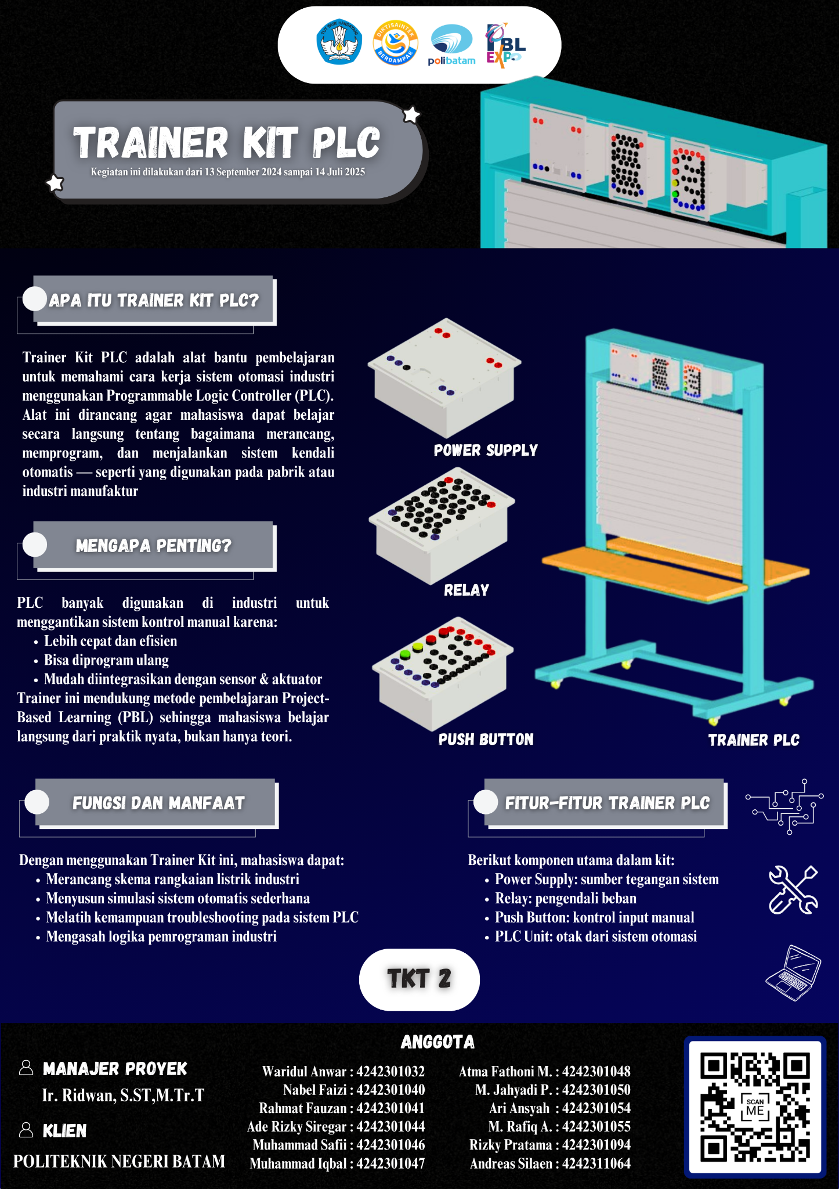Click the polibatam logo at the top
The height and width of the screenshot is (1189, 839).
coord(451,45)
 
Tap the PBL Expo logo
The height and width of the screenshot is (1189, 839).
coord(505,45)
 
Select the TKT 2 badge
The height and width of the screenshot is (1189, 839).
coord(419,979)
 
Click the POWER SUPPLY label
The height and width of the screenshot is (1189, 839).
coord(486,450)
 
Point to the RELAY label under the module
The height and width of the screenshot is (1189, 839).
coord(466,590)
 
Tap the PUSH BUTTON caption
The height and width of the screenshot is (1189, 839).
coord(486,739)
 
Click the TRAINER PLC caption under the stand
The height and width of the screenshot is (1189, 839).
coord(754,740)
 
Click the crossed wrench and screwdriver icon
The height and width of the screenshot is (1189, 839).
coord(793,889)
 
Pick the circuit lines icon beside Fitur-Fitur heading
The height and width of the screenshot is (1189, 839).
coord(784,806)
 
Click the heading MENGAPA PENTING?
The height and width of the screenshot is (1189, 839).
coord(153,546)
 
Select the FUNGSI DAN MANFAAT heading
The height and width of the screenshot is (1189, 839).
coord(158,803)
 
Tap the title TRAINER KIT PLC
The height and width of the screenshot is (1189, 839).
coord(226,143)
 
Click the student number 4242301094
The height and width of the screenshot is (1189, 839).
coord(596,1144)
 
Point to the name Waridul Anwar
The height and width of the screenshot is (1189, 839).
coord(304,1071)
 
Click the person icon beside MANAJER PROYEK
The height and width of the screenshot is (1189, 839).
coord(26,1067)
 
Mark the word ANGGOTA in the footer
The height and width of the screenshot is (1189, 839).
coord(437,1042)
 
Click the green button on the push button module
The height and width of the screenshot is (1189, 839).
coord(405,654)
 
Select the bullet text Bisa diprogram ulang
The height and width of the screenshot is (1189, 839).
coord(106,660)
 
